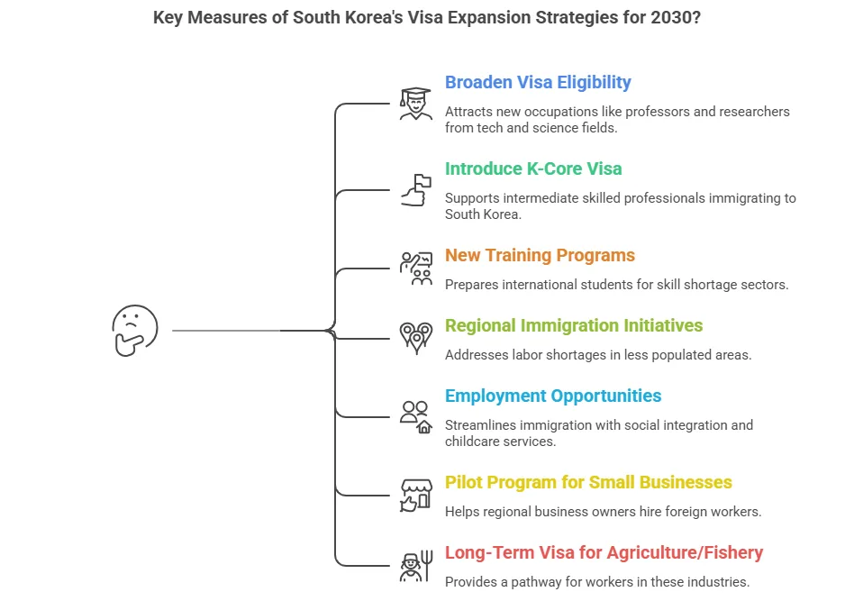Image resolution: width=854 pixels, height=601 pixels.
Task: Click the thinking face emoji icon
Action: (x=135, y=330)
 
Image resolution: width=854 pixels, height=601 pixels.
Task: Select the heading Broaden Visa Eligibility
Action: (x=538, y=82)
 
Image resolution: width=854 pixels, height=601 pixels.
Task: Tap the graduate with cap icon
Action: (x=416, y=104)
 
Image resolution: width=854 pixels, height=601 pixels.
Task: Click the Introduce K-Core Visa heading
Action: (x=533, y=168)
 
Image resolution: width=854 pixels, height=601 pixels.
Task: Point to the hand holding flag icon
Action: (x=416, y=190)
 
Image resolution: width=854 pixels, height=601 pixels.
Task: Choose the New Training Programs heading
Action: (x=540, y=256)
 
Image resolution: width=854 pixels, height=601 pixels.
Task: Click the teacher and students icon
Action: (x=416, y=269)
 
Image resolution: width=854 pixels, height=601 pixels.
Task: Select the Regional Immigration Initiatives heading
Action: (x=574, y=326)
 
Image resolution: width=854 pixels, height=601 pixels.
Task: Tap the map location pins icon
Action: (x=416, y=338)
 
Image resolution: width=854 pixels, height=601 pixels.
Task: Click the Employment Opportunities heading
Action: (x=553, y=396)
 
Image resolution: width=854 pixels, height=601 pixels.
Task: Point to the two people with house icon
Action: (x=416, y=417)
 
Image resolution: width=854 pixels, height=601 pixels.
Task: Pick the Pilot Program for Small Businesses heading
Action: (x=588, y=483)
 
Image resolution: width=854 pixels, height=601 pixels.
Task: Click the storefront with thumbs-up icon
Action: (x=416, y=496)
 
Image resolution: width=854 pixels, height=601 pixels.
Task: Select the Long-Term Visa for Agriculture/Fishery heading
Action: (x=604, y=553)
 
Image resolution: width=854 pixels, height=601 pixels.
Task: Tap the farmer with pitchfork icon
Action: (x=416, y=566)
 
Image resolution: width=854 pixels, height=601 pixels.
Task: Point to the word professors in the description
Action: (x=658, y=112)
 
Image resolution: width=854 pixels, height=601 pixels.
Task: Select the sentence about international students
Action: (x=616, y=285)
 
